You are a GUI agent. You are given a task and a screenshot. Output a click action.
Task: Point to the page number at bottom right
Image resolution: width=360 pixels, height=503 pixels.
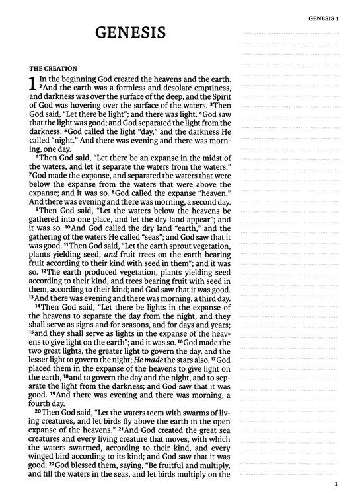[x=336, y=488]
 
